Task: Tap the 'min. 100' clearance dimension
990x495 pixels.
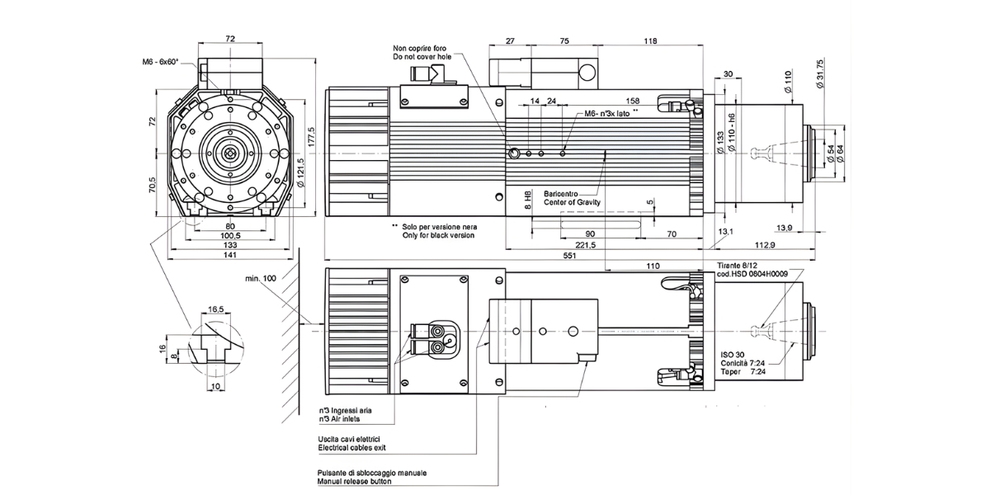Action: coord(262,279)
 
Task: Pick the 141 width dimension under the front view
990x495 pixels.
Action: coord(230,257)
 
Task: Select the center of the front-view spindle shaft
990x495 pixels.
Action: coord(230,153)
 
